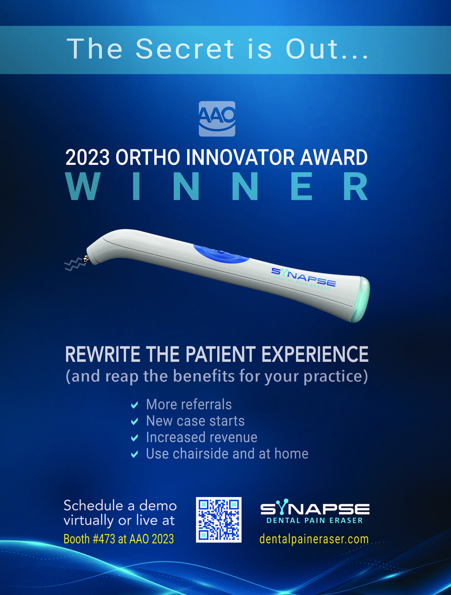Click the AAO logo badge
217,119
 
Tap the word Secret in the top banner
185,49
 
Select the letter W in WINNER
83,186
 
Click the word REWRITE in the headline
103,354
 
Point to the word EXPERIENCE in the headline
315,354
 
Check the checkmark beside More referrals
134,405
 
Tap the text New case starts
195,421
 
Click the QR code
218,520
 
